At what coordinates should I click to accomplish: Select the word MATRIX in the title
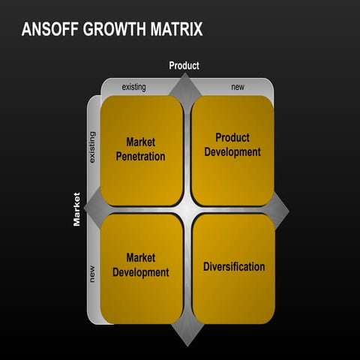(177, 30)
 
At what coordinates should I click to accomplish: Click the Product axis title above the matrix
(184, 66)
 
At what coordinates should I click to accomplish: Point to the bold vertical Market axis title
(76, 209)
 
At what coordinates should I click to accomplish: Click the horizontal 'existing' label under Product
(133, 87)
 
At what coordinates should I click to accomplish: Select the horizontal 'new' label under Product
(238, 87)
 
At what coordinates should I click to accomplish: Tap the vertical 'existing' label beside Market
(92, 146)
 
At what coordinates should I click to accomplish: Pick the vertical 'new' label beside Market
(92, 275)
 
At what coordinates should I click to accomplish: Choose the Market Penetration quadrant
(141, 150)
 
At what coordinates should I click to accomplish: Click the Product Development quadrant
(232, 150)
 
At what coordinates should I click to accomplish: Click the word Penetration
(141, 157)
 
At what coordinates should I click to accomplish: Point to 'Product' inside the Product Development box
(232, 138)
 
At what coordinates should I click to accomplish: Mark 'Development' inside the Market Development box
(141, 273)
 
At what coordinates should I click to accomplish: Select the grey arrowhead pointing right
(280, 208)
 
